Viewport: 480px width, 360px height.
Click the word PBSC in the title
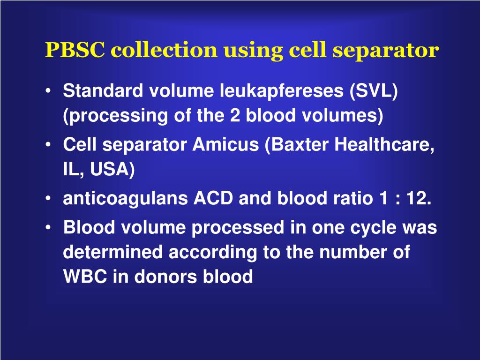tap(75, 50)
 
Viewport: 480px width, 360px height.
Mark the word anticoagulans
tap(125, 199)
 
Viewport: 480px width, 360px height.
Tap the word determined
tap(113, 253)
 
